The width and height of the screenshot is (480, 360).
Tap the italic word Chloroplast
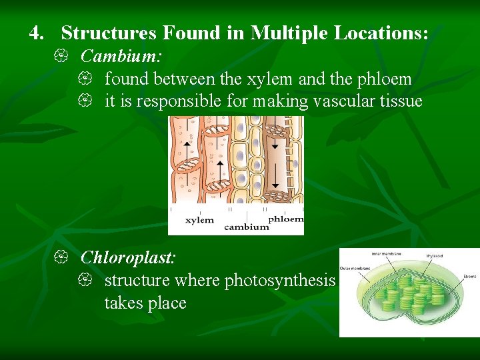pyautogui.click(x=127, y=257)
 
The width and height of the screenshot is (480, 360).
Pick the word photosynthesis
pyautogui.click(x=280, y=280)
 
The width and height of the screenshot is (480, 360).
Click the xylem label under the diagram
pyautogui.click(x=199, y=219)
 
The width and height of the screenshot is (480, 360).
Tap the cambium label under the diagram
pyautogui.click(x=246, y=227)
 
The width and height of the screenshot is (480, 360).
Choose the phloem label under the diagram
pyautogui.click(x=285, y=219)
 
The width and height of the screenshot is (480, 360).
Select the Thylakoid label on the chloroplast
pyautogui.click(x=436, y=255)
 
